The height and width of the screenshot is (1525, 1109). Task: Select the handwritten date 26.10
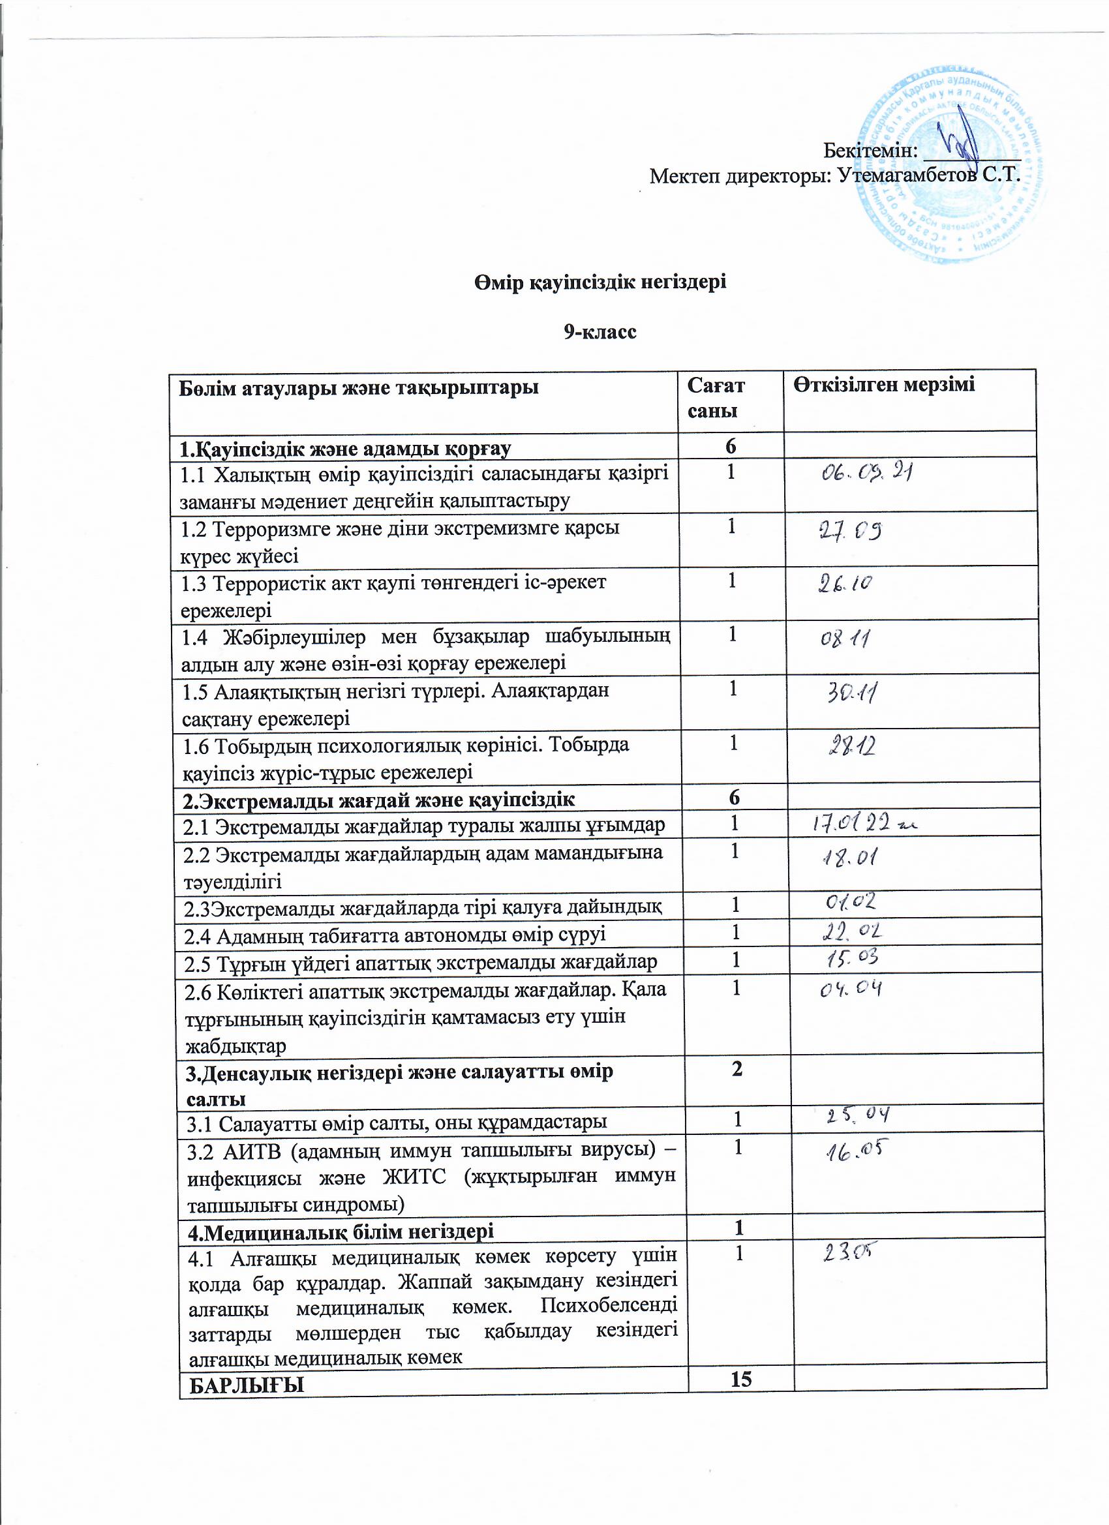coord(845,584)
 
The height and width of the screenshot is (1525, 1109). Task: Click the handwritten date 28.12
coord(851,747)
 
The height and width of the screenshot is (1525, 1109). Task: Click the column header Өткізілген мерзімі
coord(884,385)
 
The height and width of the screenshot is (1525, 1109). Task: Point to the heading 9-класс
coord(600,332)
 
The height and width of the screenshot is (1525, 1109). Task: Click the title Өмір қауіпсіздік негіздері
coord(600,282)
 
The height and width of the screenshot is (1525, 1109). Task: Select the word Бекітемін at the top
coord(870,150)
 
